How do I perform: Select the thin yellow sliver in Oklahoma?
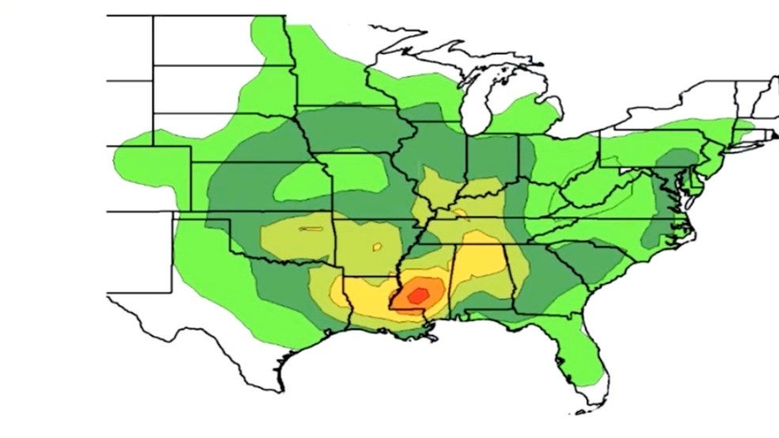(311, 230)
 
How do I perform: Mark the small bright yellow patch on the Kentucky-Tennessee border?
(459, 213)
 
